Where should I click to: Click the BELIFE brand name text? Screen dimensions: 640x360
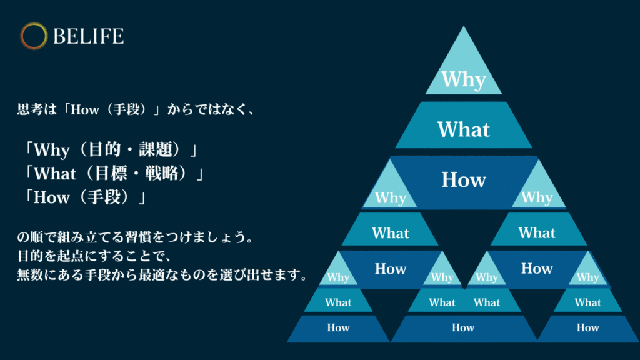(88, 36)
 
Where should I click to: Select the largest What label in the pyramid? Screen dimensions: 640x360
(464, 129)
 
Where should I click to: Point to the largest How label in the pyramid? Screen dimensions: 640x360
(464, 179)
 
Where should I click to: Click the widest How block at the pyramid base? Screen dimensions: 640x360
(463, 327)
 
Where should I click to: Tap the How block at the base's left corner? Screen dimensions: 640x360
(338, 327)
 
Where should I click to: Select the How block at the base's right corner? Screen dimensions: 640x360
(588, 327)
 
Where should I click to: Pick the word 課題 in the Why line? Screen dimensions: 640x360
(155, 149)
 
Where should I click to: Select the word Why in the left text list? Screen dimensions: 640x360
(51, 150)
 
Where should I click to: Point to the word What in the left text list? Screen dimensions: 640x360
(55, 174)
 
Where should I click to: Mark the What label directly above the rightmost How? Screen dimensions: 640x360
(588, 302)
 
